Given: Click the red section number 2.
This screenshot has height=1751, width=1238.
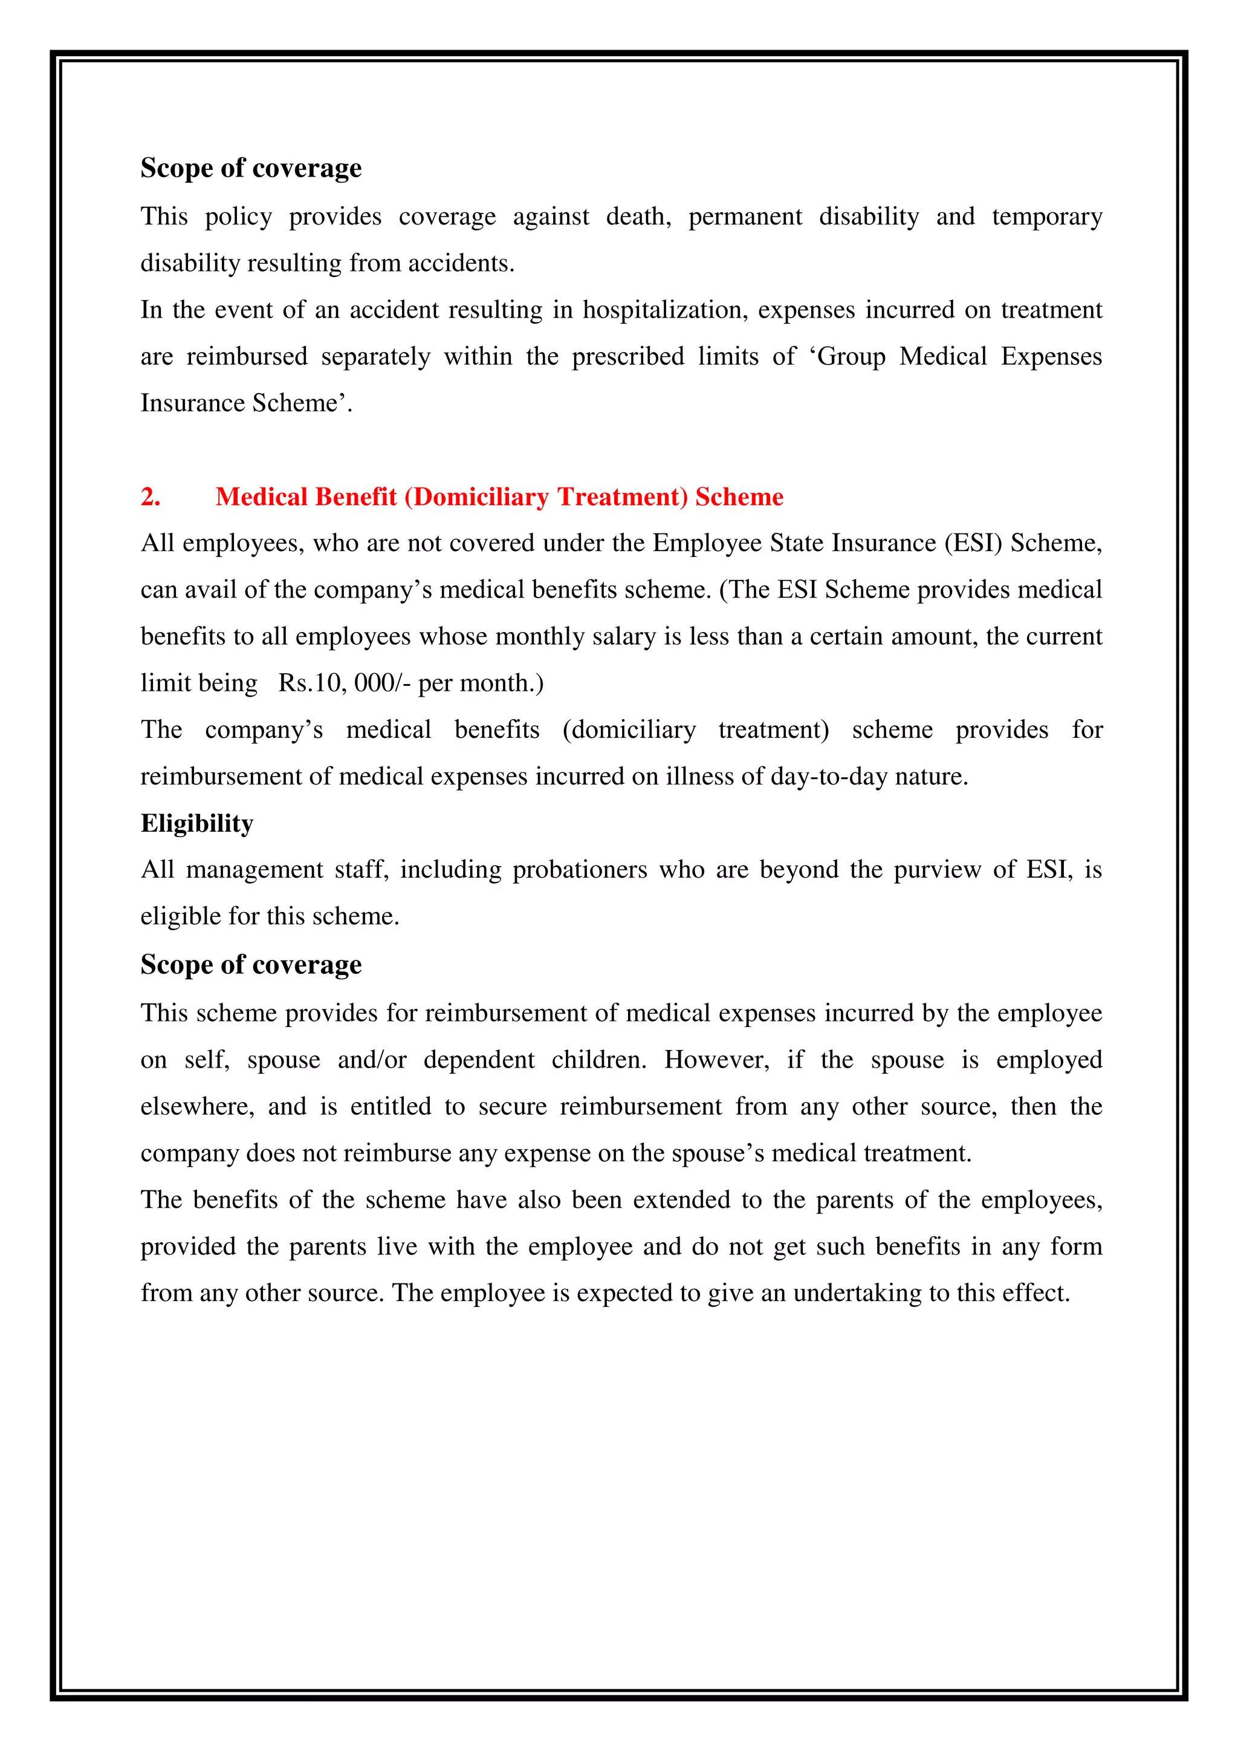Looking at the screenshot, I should pos(150,497).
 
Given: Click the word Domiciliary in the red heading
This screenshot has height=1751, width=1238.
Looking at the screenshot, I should pos(481,497).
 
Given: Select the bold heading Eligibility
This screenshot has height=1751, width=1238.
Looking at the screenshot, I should pos(196,824).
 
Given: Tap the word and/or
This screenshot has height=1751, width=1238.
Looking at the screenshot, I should pos(372,1060).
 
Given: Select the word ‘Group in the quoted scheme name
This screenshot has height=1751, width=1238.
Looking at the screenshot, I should pos(847,357).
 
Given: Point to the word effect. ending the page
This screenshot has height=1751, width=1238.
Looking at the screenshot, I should pos(1037,1293).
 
